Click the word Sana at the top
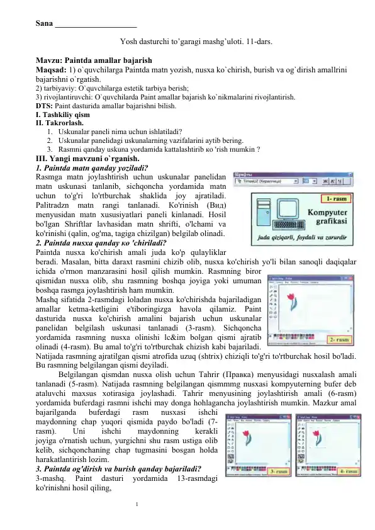tap(44, 25)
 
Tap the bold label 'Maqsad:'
tap(51, 76)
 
